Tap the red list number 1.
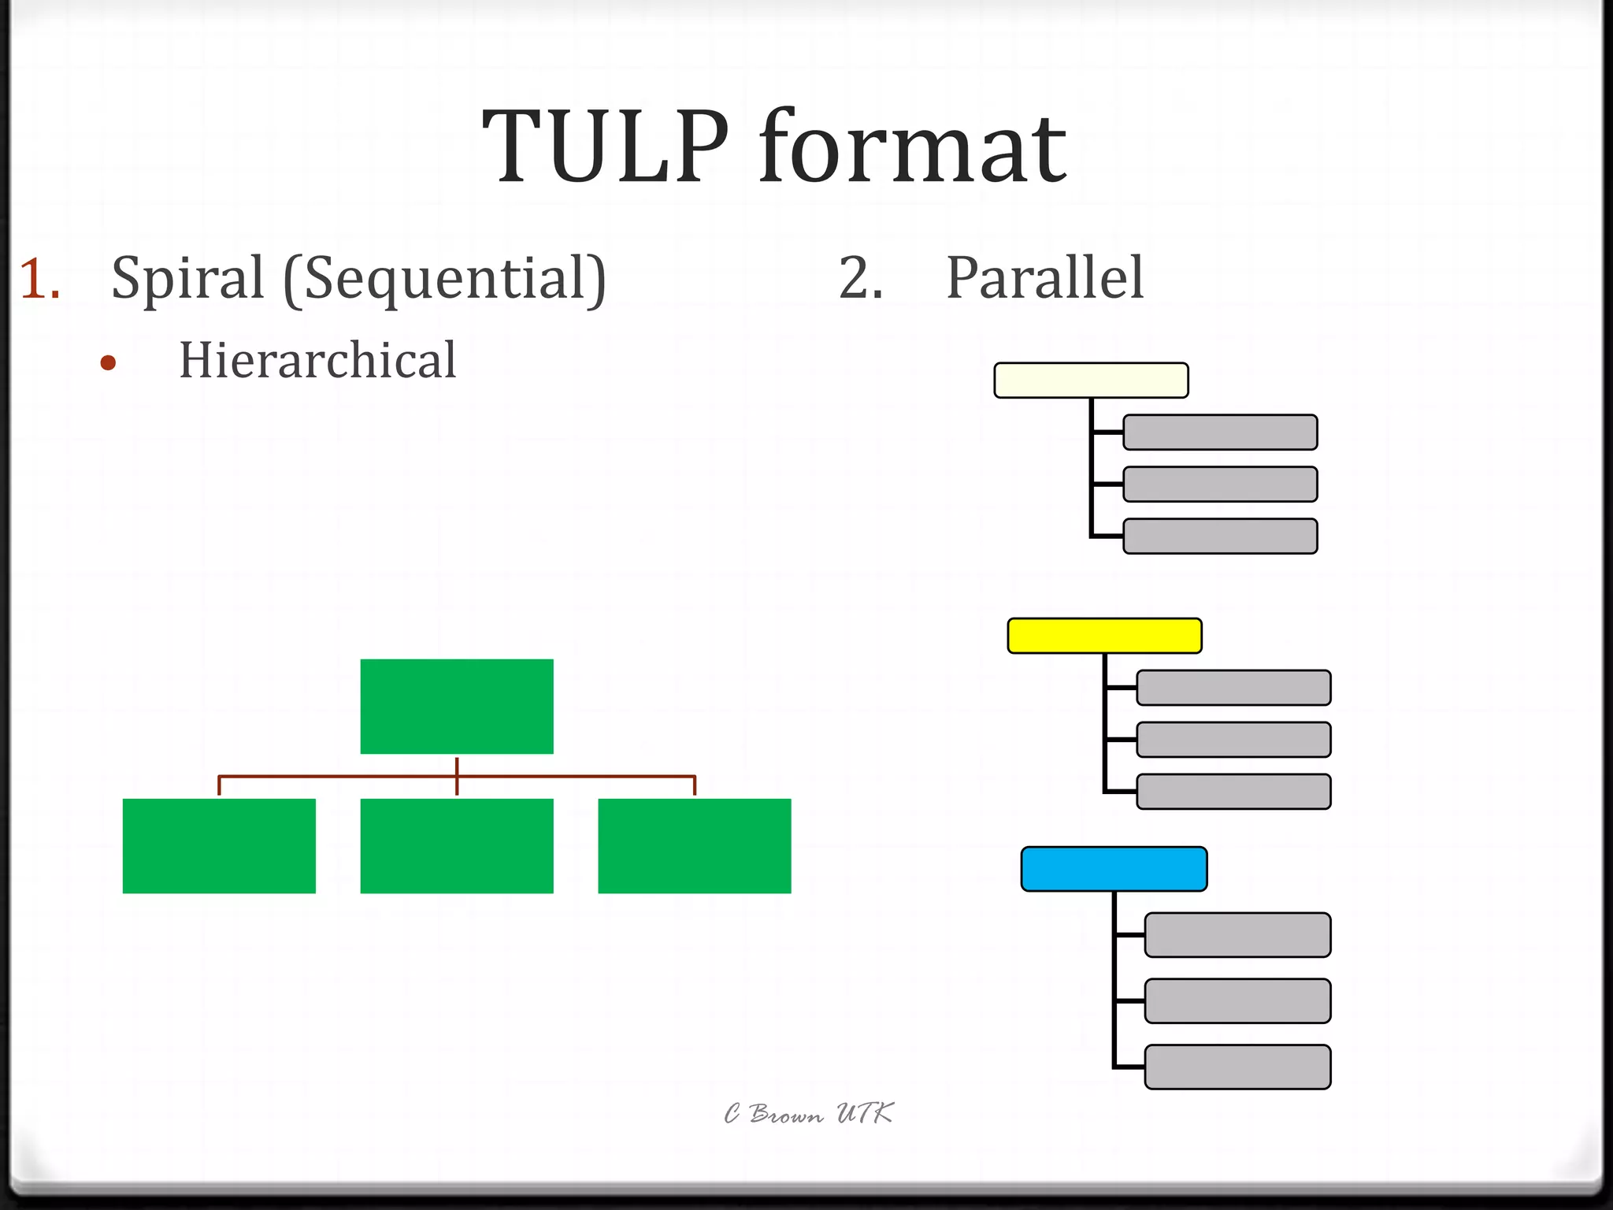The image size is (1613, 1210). [39, 279]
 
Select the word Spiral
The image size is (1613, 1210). [187, 279]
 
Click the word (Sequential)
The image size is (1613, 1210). [445, 279]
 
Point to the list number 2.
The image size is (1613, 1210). [860, 279]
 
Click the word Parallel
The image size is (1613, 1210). [1044, 279]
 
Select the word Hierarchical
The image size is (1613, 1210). [317, 361]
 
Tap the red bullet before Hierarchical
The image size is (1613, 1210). [109, 363]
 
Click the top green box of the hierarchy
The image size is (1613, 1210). [457, 707]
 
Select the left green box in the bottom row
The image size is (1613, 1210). [219, 846]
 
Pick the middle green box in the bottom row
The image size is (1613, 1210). [457, 846]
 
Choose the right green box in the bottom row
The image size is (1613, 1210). [695, 846]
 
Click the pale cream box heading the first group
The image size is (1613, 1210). [1091, 380]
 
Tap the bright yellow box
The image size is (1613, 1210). [1104, 636]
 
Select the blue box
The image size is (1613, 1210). [1114, 869]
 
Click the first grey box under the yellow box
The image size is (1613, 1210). [1233, 688]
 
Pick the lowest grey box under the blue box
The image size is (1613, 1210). [1237, 1067]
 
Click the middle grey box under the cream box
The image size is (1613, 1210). [1220, 484]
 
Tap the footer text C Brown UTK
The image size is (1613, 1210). [808, 1114]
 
